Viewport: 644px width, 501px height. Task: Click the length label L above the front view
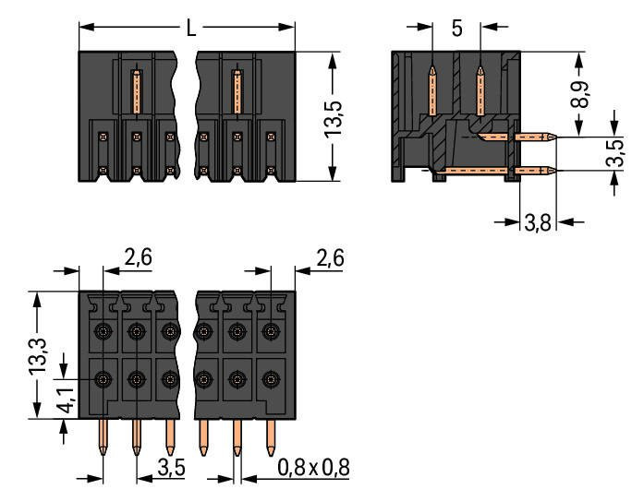(x=191, y=29)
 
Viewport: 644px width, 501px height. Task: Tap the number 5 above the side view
(x=456, y=29)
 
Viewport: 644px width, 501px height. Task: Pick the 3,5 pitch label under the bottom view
(x=172, y=468)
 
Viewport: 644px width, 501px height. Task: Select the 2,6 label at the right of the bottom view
(x=329, y=259)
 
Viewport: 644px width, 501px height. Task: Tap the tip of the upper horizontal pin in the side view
(x=552, y=138)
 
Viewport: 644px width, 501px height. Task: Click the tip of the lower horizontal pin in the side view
(x=552, y=170)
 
